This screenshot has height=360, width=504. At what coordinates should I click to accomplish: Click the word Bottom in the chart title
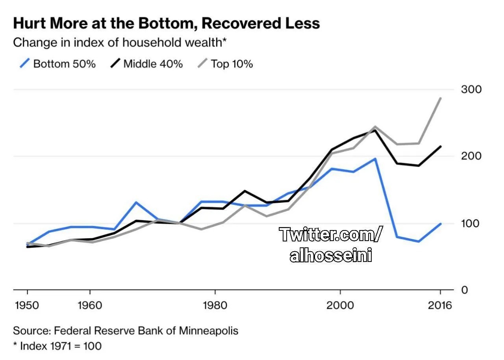click(168, 23)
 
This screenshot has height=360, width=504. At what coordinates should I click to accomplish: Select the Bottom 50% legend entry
click(57, 64)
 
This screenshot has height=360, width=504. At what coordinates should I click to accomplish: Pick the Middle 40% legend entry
click(146, 64)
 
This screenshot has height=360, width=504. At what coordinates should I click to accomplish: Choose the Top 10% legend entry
click(225, 64)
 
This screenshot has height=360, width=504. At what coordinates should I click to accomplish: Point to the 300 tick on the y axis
click(471, 89)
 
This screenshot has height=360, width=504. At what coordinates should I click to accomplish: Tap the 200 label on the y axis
click(471, 156)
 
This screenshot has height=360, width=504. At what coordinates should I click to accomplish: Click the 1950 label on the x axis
click(27, 305)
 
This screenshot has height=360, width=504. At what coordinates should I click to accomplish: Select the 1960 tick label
click(90, 305)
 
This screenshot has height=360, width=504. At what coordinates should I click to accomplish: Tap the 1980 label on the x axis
click(215, 305)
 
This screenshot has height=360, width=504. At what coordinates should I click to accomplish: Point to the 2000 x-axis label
click(340, 305)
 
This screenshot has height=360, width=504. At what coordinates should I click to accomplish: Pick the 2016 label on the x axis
click(440, 305)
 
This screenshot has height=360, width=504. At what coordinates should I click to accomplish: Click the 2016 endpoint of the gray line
click(440, 98)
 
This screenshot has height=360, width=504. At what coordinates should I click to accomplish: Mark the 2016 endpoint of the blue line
click(440, 224)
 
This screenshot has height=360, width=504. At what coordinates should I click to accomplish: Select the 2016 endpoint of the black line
click(440, 147)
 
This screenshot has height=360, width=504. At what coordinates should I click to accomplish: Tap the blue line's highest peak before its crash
click(375, 159)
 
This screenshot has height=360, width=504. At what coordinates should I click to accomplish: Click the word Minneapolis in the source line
click(209, 330)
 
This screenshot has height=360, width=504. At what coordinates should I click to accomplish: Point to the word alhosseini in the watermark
click(331, 255)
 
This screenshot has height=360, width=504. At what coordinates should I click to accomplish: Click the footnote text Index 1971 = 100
click(61, 346)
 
